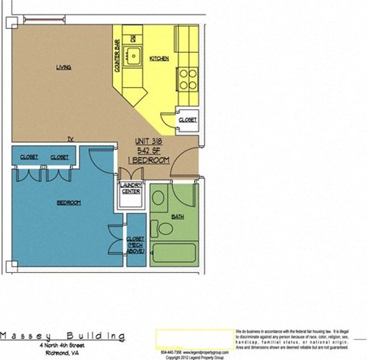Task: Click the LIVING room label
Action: [x=64, y=67]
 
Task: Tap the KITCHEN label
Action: [x=159, y=58]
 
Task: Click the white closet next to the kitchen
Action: [x=187, y=119]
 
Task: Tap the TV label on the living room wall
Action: [x=70, y=138]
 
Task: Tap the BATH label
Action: [x=177, y=217]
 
